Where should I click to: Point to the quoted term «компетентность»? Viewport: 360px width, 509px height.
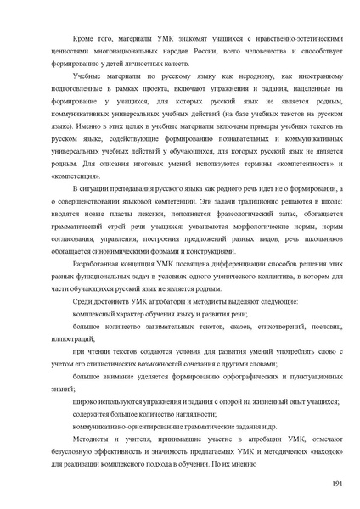288,161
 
